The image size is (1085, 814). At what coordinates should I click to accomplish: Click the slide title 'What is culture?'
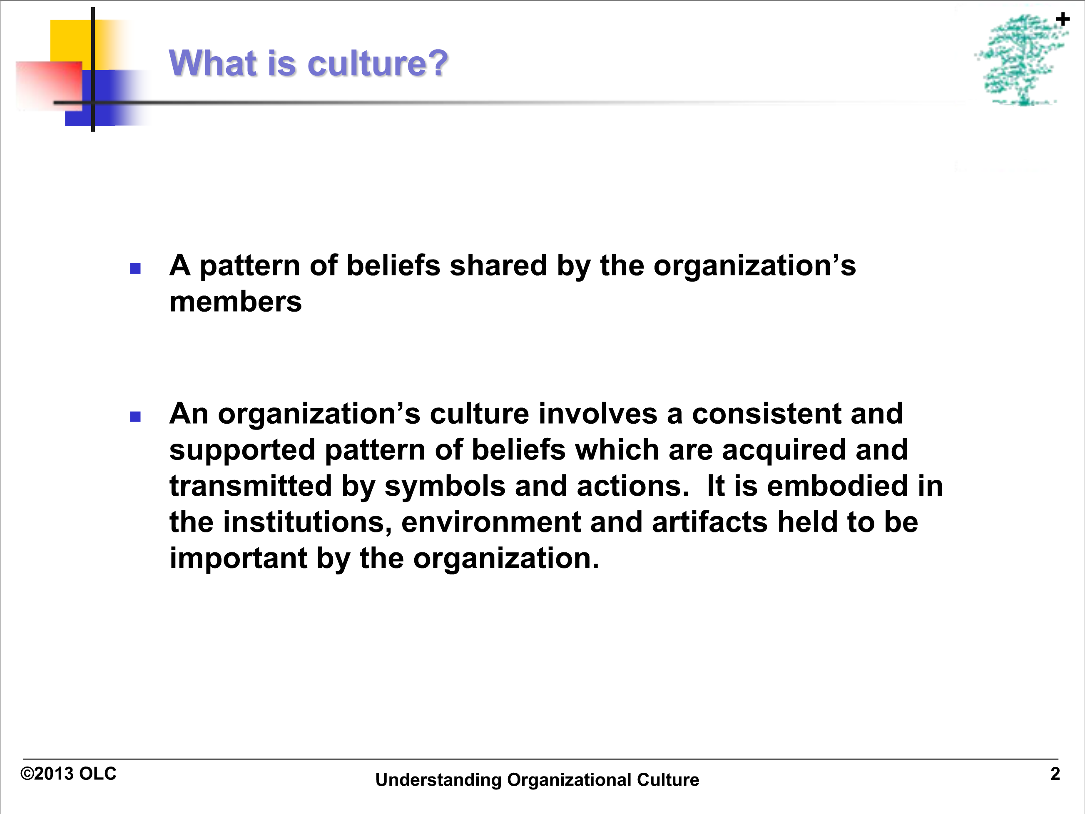[x=309, y=63]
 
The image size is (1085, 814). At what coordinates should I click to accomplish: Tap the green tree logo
[x=1020, y=60]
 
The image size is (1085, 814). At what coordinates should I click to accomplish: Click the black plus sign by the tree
[x=1063, y=20]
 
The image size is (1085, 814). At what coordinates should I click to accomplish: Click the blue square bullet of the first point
[x=135, y=268]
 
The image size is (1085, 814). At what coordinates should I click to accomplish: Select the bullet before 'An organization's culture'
[x=135, y=417]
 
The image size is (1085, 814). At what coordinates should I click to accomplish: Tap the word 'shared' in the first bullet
[x=498, y=265]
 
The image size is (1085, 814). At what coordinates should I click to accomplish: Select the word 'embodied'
[x=837, y=486]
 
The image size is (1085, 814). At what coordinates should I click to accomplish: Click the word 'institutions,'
[x=308, y=522]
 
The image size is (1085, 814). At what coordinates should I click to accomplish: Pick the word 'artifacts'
[x=710, y=522]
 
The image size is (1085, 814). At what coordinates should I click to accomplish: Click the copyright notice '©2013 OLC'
[x=68, y=774]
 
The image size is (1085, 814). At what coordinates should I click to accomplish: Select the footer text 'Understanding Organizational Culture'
[x=537, y=780]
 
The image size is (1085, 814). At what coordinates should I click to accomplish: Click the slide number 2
[x=1055, y=774]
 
